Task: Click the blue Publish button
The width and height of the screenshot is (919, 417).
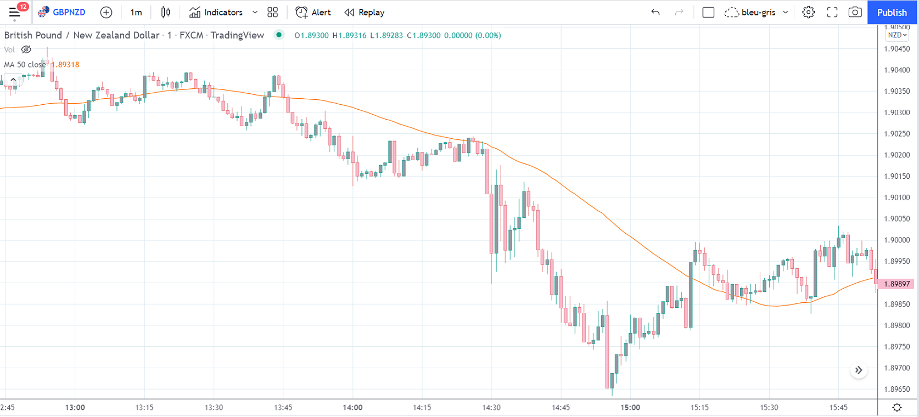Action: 892,12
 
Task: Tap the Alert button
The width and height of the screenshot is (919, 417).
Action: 313,12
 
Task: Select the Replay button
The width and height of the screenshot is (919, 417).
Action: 365,12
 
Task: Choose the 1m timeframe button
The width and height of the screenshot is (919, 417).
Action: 136,12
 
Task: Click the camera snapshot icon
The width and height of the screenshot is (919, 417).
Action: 855,12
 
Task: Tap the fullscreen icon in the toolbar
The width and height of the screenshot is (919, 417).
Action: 832,12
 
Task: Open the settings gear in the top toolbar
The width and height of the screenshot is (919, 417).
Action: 808,12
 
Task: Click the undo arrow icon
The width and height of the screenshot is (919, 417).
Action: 655,12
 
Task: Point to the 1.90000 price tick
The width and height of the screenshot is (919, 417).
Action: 896,240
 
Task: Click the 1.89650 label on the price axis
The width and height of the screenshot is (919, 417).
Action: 896,389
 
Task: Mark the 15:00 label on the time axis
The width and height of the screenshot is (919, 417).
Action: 630,407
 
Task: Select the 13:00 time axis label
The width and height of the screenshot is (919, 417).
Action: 75,407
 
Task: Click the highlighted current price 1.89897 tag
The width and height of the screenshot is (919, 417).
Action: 896,284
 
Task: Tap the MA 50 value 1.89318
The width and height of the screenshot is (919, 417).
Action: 65,64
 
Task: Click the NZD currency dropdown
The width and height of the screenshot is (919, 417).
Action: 897,35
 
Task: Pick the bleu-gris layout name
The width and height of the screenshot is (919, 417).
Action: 758,12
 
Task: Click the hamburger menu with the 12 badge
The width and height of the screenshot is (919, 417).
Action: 15,12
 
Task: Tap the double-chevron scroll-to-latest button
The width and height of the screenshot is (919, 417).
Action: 859,370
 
